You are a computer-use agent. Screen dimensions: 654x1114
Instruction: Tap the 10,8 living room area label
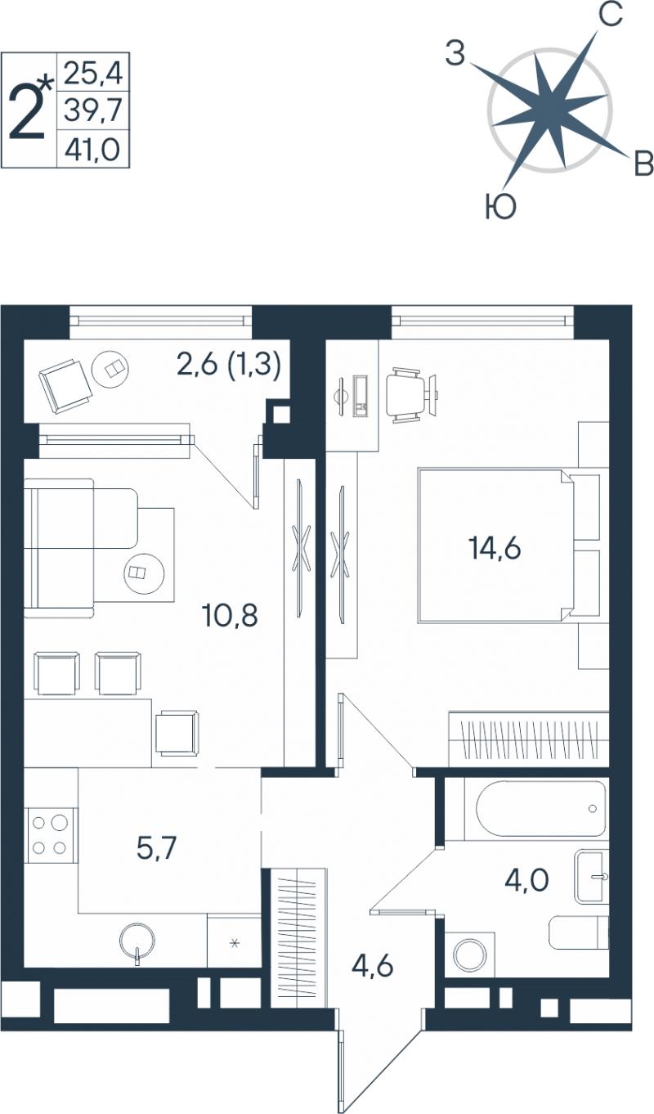coord(230,615)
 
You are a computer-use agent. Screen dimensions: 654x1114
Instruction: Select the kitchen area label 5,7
coord(156,848)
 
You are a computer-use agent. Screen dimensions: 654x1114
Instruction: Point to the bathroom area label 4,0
coord(526,880)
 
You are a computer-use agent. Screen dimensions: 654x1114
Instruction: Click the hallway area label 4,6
coord(372,966)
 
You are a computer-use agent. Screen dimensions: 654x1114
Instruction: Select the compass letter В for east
coord(643,163)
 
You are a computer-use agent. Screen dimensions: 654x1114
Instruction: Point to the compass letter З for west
coord(455,53)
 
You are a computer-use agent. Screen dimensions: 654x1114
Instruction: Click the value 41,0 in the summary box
coord(93,149)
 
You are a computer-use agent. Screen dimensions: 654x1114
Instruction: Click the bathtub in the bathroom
coord(540,809)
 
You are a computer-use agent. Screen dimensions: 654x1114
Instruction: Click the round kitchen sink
coord(137,939)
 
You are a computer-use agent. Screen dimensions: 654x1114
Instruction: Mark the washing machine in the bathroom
coord(469,955)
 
